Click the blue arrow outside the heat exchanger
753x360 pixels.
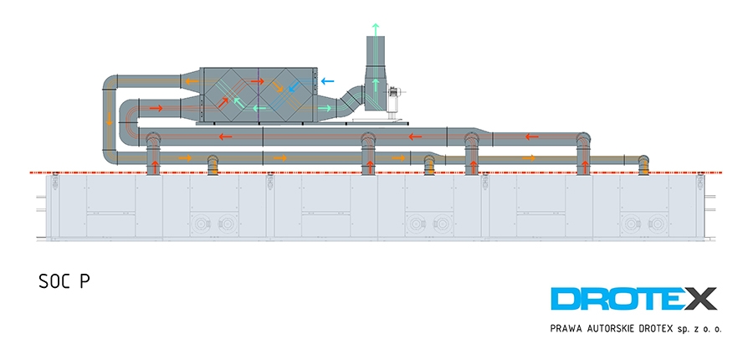click(327, 81)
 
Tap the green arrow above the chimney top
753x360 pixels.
click(376, 28)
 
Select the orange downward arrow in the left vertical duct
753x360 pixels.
click(109, 119)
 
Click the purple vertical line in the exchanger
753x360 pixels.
click(259, 95)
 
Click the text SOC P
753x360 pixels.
click(64, 281)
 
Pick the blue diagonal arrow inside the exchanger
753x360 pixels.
click(294, 86)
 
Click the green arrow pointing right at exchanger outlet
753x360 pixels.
click(325, 108)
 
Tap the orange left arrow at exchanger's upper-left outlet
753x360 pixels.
click(192, 80)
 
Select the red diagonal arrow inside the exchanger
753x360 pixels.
click(223, 102)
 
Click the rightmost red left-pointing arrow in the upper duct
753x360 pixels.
click(531, 137)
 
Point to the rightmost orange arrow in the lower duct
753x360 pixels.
click(529, 157)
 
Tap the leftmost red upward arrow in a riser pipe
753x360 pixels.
click(155, 167)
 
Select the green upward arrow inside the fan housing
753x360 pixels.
click(376, 85)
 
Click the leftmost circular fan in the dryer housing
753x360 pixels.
click(199, 224)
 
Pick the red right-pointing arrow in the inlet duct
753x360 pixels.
click(156, 108)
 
